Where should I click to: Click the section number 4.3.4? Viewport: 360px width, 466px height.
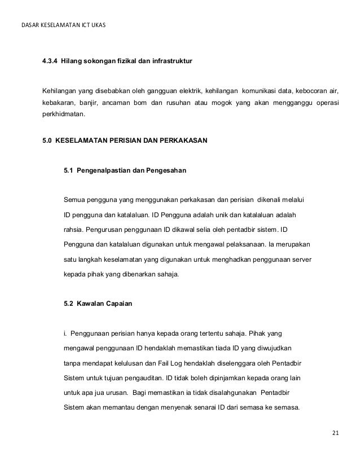[x=49, y=60]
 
